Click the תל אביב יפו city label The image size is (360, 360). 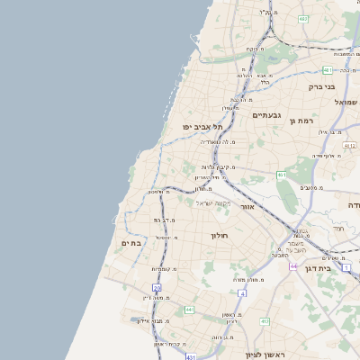[x=202, y=127]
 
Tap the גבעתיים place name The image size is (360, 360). [x=267, y=115]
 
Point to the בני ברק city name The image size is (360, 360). [x=321, y=87]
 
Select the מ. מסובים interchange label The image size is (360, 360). [x=312, y=187]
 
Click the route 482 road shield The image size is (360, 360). [x=303, y=18]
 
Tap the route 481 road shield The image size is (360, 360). [x=327, y=70]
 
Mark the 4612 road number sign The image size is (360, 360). [x=349, y=145]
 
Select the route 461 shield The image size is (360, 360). [x=281, y=175]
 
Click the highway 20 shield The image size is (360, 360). [x=157, y=288]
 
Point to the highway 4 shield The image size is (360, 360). [x=242, y=293]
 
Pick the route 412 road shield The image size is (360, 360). [x=264, y=321]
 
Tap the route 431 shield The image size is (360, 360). [x=191, y=357]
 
